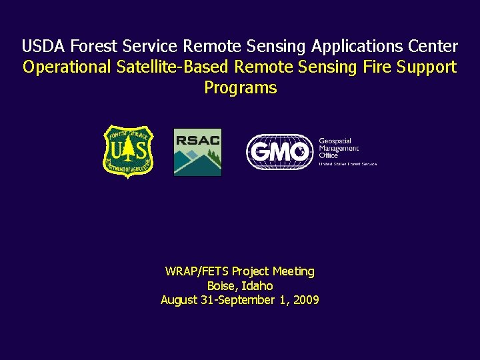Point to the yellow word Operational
65,67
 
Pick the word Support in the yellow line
427,67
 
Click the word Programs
240,88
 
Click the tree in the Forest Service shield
128,151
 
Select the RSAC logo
197,152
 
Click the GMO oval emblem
279,152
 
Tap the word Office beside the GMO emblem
328,155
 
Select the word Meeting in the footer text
293,271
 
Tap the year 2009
305,301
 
